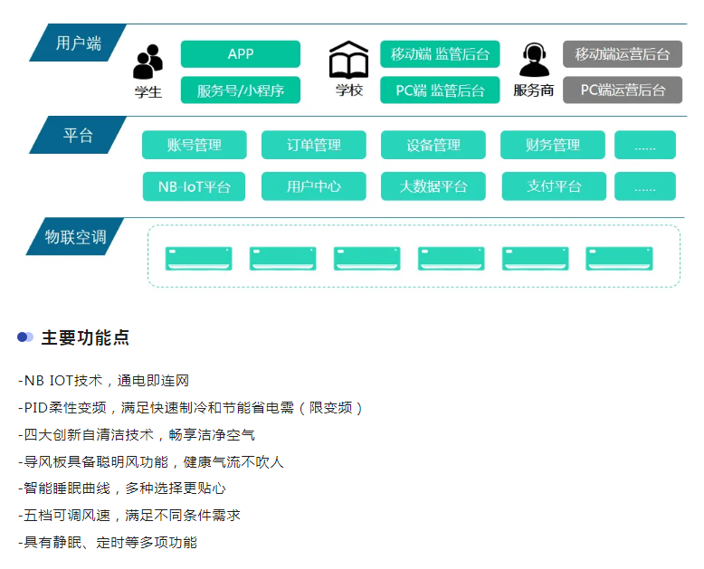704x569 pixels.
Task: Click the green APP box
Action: point(240,54)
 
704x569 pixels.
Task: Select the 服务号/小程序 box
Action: point(240,90)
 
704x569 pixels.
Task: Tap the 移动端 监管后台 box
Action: point(439,54)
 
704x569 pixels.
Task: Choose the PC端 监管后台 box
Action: point(439,90)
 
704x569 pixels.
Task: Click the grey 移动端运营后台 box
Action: point(622,54)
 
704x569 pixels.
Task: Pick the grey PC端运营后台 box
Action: point(622,90)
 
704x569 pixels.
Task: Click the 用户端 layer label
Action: point(78,43)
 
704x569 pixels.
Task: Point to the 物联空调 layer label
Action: point(76,237)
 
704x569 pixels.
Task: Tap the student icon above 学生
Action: point(147,62)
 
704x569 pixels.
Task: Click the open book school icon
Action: point(348,60)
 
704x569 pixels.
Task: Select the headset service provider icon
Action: point(534,61)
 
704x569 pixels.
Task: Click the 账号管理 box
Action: point(194,145)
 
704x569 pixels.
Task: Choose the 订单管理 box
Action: point(313,145)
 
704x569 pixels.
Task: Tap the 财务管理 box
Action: point(552,145)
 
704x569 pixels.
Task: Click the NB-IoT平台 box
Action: point(194,186)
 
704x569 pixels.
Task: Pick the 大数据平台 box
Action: point(433,186)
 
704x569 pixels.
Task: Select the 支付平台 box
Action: point(552,186)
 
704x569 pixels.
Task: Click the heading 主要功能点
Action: point(85,337)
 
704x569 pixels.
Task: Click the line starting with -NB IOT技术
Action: point(103,381)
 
